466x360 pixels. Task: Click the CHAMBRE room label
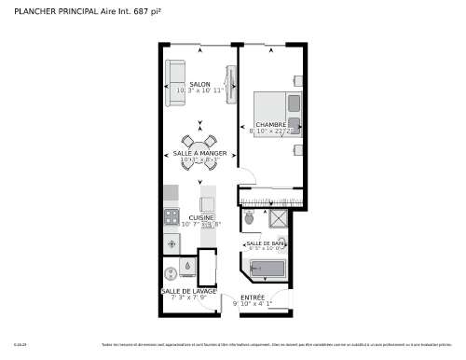(271, 125)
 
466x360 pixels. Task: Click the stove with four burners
(171, 218)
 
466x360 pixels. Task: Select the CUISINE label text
(202, 217)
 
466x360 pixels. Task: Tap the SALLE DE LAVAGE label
(188, 291)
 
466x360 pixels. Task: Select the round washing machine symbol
(171, 273)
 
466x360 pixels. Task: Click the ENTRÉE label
(253, 297)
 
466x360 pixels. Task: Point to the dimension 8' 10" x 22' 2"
(271, 132)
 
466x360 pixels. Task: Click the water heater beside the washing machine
(189, 267)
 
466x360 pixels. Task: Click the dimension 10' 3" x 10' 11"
(199, 91)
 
